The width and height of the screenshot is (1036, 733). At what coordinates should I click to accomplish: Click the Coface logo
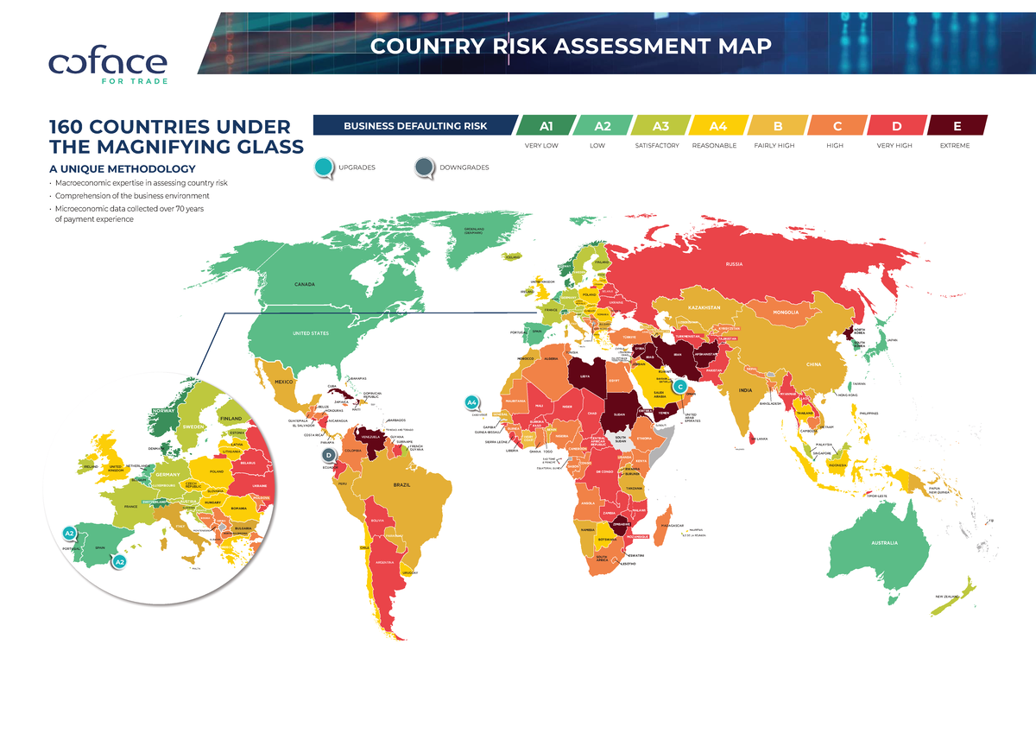tap(108, 66)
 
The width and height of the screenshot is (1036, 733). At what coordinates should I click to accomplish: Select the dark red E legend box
tap(956, 126)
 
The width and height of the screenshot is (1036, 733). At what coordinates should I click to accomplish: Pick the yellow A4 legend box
tap(717, 126)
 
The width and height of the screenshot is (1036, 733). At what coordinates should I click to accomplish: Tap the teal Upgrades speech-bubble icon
tap(324, 167)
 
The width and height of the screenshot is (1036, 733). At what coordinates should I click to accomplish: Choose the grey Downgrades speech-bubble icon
tap(425, 167)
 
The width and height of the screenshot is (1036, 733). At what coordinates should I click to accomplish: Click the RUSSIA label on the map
tap(735, 264)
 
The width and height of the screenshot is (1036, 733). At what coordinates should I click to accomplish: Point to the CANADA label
tap(304, 284)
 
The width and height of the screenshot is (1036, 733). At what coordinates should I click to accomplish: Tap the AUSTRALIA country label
tap(885, 543)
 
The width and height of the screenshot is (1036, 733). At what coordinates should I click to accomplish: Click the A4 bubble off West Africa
tap(471, 402)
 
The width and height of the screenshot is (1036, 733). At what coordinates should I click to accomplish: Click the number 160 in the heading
tap(75, 127)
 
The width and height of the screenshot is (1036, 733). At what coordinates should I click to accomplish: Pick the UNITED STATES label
tap(310, 333)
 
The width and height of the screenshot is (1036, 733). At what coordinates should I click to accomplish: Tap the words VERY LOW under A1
tap(542, 146)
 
